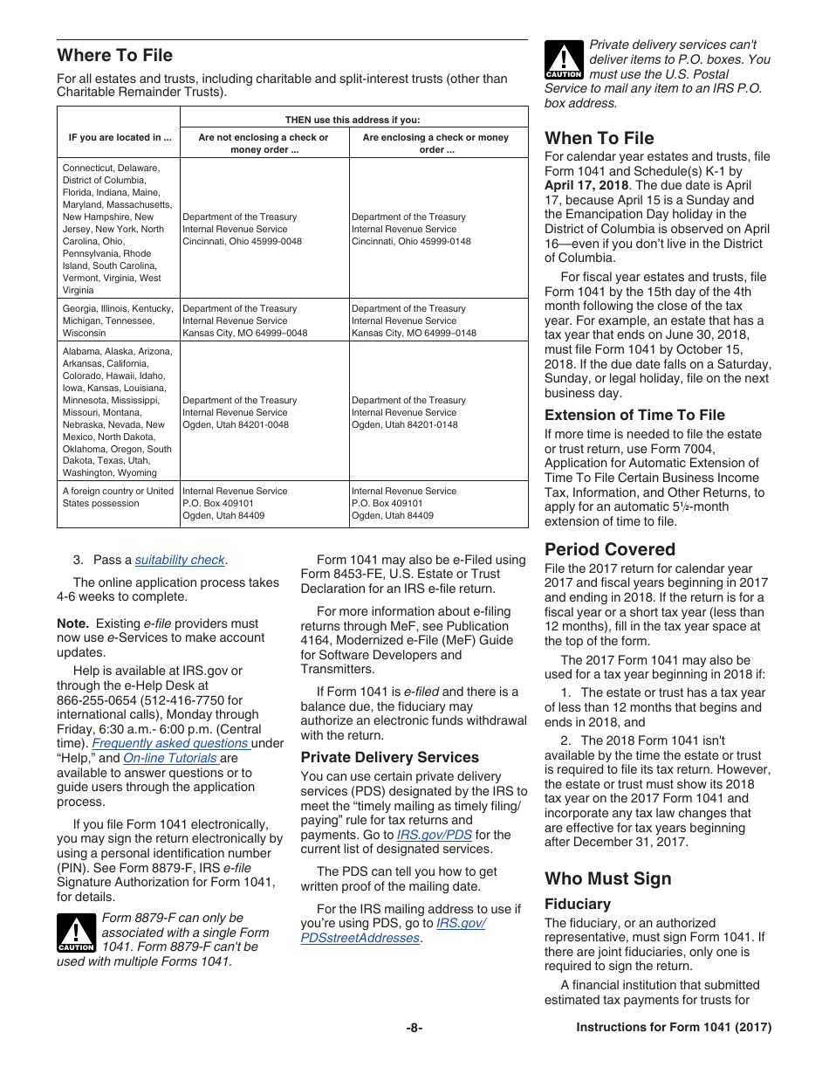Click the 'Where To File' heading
(x=114, y=55)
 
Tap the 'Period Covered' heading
(x=609, y=549)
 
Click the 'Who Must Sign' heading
(x=607, y=878)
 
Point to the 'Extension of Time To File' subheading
(x=634, y=415)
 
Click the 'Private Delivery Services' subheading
(x=389, y=757)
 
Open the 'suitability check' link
(x=180, y=560)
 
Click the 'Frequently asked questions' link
(x=171, y=743)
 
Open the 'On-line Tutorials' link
(x=170, y=758)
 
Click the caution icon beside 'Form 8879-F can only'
(x=76, y=933)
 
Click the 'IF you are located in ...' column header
(x=120, y=137)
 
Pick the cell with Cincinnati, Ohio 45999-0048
(x=242, y=229)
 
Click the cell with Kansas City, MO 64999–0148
(x=414, y=320)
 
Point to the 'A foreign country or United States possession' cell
(x=118, y=497)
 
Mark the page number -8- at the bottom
(x=414, y=1028)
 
